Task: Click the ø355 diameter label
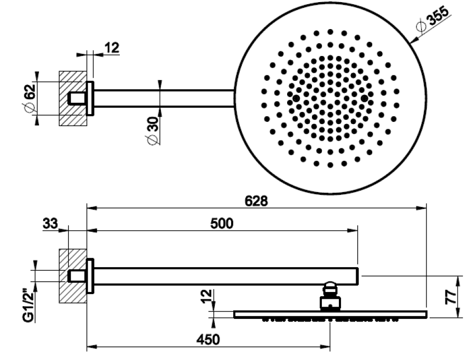pos(432,19)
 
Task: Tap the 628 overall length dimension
pos(256,201)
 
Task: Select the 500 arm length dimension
pos(222,224)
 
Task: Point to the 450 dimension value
pos(208,340)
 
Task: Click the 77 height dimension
pos(451,297)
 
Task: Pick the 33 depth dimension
pos(50,224)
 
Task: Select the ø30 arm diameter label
pos(153,130)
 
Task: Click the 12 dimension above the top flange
pos(112,48)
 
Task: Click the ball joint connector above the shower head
pos(330,296)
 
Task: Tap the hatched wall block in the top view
pos(73,99)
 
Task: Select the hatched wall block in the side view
pos(73,276)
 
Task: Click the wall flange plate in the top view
pos(90,99)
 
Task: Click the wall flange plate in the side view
pos(90,276)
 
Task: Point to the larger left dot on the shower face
pos(296,99)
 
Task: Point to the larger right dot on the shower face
pos(364,99)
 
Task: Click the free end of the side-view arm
pos(358,277)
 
